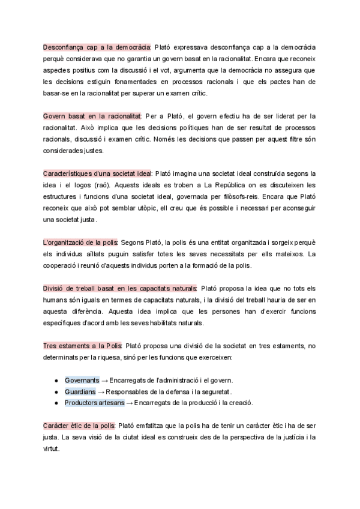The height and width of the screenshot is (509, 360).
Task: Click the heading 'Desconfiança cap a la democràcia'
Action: click(97, 46)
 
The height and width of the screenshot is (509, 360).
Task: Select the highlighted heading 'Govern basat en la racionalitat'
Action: click(92, 115)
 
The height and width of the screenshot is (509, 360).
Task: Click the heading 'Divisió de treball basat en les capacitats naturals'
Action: click(120, 288)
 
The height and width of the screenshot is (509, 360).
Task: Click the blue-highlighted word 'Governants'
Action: click(82, 380)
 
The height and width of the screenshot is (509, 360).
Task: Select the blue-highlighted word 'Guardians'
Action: click(80, 391)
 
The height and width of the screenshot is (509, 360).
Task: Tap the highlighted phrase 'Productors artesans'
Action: click(94, 403)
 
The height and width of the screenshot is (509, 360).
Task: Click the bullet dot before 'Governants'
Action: click(56, 381)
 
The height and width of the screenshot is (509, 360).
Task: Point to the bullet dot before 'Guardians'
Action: click(56, 392)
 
